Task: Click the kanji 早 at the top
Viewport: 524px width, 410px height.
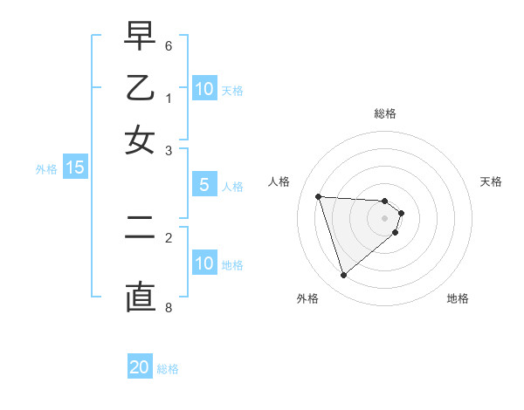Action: pyautogui.click(x=140, y=38)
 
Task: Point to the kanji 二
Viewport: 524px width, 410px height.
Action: pyautogui.click(x=140, y=229)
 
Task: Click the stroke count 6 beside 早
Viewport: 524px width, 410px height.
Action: pyautogui.click(x=169, y=45)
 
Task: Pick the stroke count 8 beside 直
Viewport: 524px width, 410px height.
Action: pyautogui.click(x=169, y=307)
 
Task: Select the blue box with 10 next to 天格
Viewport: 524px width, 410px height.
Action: pyautogui.click(x=204, y=88)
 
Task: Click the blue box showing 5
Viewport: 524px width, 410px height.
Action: pyautogui.click(x=204, y=185)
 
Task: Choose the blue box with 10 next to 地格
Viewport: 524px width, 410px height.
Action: pyautogui.click(x=204, y=263)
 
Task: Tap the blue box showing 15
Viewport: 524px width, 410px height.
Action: pyautogui.click(x=75, y=167)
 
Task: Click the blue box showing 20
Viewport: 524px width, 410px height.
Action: pyautogui.click(x=140, y=367)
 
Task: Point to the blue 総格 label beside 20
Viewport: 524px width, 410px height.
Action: pyautogui.click(x=168, y=369)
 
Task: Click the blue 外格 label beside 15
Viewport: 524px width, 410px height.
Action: pyautogui.click(x=46, y=169)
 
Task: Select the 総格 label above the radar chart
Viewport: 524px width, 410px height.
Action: pyautogui.click(x=385, y=113)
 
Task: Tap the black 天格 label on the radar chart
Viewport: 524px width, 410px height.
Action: pyautogui.click(x=491, y=181)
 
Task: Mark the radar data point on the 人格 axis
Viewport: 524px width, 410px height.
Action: pyautogui.click(x=319, y=196)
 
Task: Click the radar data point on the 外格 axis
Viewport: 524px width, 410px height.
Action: pyautogui.click(x=344, y=276)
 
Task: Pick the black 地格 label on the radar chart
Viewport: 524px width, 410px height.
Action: pyautogui.click(x=458, y=299)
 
